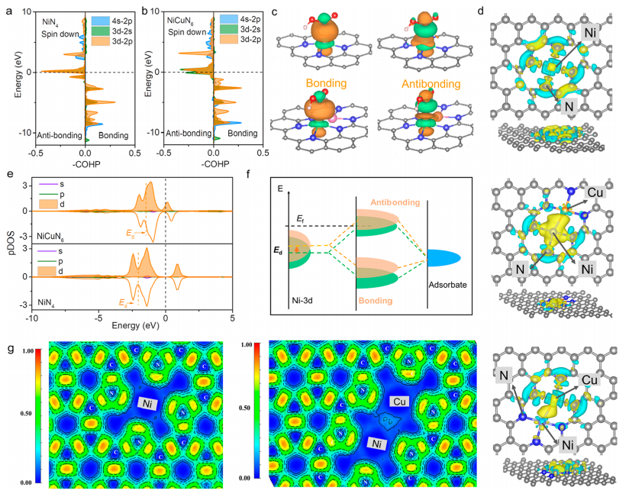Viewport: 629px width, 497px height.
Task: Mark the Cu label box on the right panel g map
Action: (402, 401)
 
